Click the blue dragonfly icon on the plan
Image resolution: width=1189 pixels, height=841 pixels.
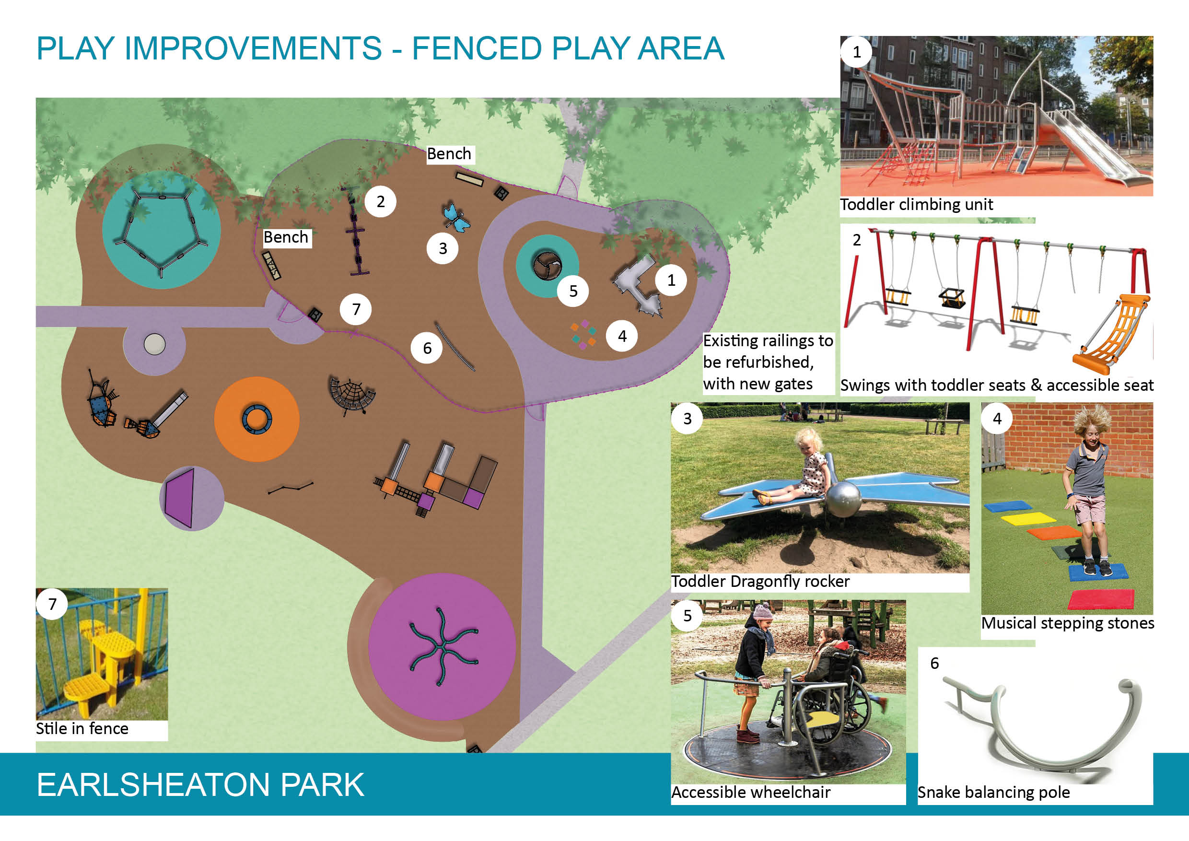[456, 218]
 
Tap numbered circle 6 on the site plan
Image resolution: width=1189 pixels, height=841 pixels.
[427, 348]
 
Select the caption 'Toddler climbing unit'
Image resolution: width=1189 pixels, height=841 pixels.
[916, 205]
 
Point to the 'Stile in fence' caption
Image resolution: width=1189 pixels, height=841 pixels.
[82, 728]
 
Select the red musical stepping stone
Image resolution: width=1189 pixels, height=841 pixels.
[1100, 599]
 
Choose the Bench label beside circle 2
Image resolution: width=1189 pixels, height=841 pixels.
[286, 237]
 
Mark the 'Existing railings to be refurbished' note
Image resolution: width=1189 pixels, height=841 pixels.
[768, 362]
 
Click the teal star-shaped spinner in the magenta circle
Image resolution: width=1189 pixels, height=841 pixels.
[441, 647]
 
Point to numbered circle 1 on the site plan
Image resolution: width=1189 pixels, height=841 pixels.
[671, 280]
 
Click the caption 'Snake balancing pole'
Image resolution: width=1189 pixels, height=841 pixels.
[993, 792]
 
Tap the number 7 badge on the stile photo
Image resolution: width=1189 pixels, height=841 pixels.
[52, 604]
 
